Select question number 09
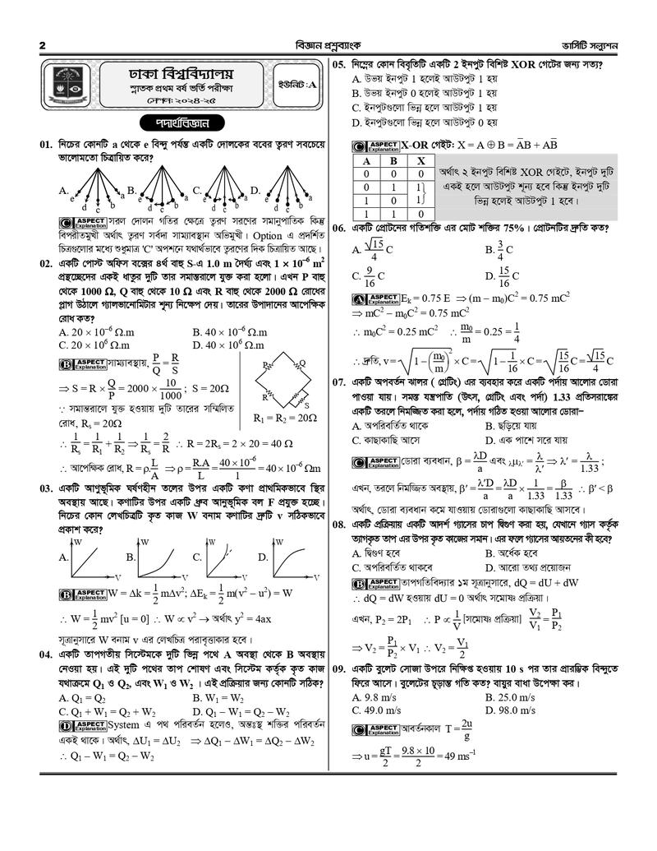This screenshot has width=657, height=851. click(x=342, y=670)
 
